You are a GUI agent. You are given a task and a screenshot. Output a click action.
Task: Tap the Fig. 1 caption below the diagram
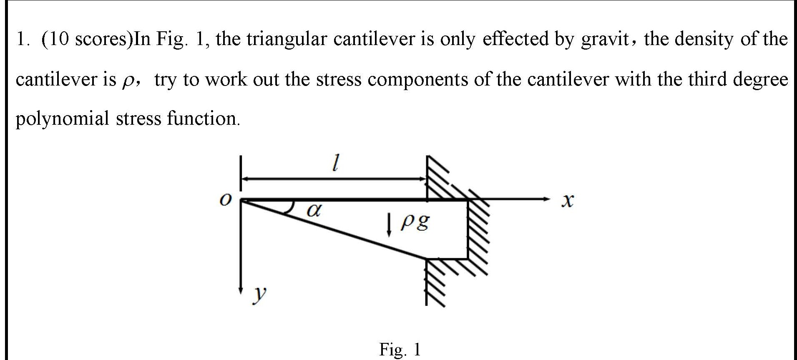pyautogui.click(x=400, y=349)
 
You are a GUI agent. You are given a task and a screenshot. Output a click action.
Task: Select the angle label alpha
pyautogui.click(x=314, y=211)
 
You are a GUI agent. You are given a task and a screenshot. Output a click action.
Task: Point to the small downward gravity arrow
pyautogui.click(x=389, y=225)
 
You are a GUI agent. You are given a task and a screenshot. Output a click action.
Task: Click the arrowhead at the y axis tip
pyautogui.click(x=241, y=289)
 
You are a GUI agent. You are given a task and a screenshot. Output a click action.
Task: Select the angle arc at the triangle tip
pyautogui.click(x=289, y=208)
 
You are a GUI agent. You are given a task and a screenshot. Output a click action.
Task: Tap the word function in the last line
pyautogui.click(x=203, y=119)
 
